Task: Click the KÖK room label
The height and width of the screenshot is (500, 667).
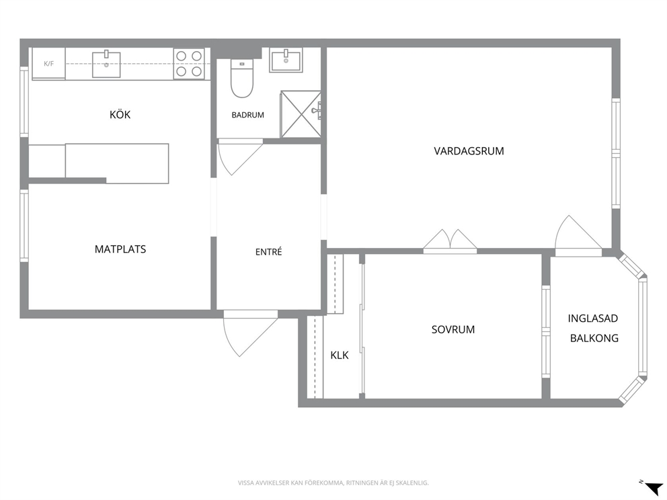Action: [120, 114]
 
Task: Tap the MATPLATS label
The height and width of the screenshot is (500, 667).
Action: [120, 249]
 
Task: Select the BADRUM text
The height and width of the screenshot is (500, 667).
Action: [247, 115]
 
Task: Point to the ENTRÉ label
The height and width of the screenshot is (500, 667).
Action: [268, 252]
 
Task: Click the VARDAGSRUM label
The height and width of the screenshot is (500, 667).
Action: [469, 151]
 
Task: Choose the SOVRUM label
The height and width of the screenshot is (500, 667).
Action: [453, 329]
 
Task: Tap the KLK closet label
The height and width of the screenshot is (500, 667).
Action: [340, 355]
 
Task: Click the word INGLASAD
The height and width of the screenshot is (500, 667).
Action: [593, 318]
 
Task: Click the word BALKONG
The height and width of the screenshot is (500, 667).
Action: [594, 338]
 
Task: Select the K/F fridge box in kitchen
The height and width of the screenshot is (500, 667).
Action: [49, 64]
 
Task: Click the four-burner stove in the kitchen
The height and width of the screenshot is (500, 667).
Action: [189, 63]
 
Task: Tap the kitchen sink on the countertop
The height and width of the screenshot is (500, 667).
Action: [106, 65]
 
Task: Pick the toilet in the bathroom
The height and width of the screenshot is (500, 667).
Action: [241, 78]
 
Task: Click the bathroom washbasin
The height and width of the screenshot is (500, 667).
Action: [286, 60]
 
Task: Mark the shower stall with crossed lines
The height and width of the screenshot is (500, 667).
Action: [301, 114]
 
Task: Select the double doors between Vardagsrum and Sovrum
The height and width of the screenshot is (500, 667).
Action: [450, 241]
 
